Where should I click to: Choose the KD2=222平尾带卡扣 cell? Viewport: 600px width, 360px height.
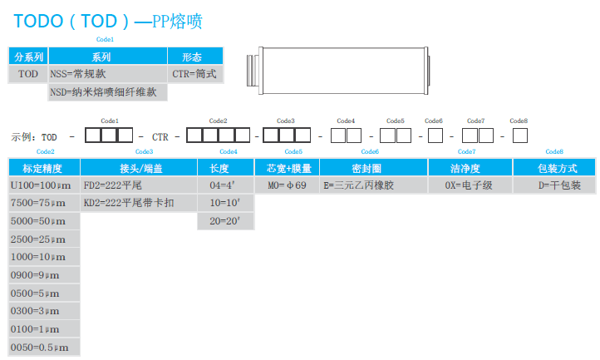pyautogui.click(x=137, y=203)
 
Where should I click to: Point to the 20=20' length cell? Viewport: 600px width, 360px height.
pyautogui.click(x=225, y=221)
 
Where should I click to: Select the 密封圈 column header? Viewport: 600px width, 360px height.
pyautogui.click(x=371, y=168)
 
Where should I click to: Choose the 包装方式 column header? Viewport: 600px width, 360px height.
pyautogui.click(x=554, y=168)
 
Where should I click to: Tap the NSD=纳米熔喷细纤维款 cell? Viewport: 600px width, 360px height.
pyautogui.click(x=107, y=92)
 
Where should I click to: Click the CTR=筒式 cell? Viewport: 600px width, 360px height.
pyautogui.click(x=194, y=74)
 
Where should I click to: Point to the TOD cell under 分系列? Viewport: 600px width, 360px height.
pyautogui.click(x=28, y=74)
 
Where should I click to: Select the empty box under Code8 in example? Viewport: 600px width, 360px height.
pyautogui.click(x=519, y=136)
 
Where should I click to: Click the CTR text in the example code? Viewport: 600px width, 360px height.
pyautogui.click(x=161, y=136)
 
